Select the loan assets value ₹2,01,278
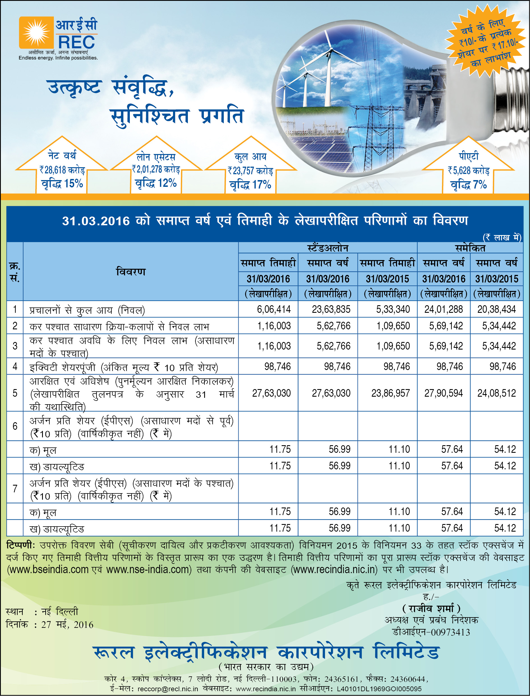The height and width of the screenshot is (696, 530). pyautogui.click(x=156, y=169)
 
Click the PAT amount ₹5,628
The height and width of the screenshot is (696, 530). pyautogui.click(x=469, y=171)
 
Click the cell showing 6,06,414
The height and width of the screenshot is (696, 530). pyautogui.click(x=273, y=309)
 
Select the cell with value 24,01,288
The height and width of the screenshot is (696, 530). pyautogui.click(x=443, y=309)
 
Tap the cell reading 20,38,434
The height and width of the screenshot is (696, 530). pyautogui.click(x=496, y=309)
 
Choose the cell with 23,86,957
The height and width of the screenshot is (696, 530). pyautogui.click(x=390, y=393)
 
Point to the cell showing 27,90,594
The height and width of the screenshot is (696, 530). pyautogui.click(x=443, y=393)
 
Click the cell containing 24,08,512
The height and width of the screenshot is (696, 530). pyautogui.click(x=496, y=393)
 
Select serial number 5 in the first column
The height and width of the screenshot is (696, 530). pyautogui.click(x=15, y=393)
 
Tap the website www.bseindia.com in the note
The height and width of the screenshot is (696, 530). pyautogui.click(x=48, y=570)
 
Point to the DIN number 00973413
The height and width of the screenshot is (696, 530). pyautogui.click(x=450, y=632)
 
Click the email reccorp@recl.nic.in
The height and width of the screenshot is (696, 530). pyautogui.click(x=167, y=689)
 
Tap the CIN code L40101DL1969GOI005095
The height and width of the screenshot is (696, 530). pyautogui.click(x=379, y=689)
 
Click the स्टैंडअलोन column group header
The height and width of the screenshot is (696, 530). pyautogui.click(x=328, y=248)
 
